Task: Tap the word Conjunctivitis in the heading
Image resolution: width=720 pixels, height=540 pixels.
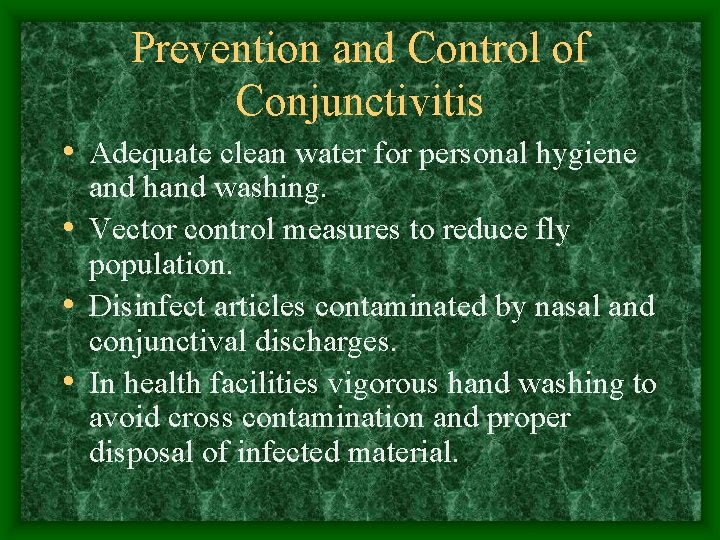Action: coord(360,100)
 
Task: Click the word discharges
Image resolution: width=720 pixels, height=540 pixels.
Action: coord(334,343)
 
